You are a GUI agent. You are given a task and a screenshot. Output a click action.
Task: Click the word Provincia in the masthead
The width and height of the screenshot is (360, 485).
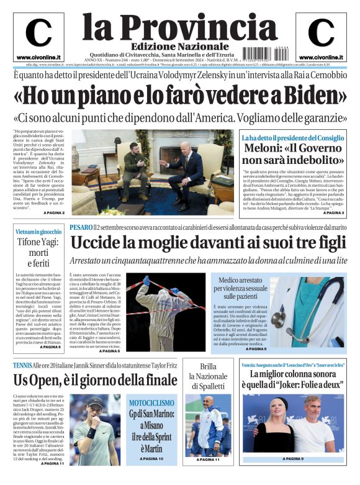pos(197,27)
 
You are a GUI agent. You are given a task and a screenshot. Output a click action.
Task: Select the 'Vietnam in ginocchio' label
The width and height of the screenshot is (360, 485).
pos(38,232)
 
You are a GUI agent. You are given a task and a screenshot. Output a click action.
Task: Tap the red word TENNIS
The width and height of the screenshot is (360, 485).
pos(24,365)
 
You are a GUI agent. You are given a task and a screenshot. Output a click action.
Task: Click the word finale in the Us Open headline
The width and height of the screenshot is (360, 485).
pos(149,379)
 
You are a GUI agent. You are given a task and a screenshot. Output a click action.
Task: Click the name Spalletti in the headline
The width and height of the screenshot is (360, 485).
pos(209,386)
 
